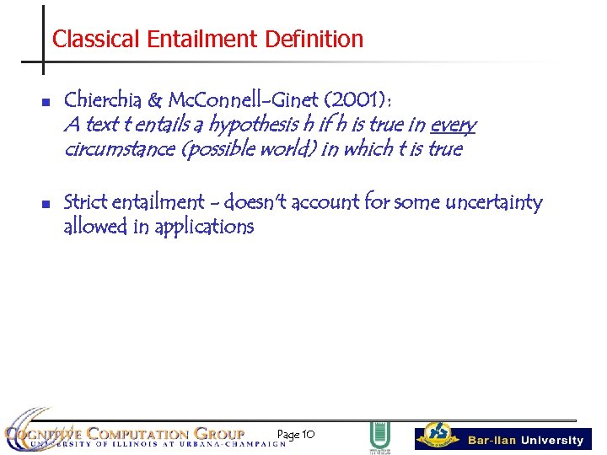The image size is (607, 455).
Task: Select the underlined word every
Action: (x=453, y=126)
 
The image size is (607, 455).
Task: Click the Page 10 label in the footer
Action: (x=296, y=435)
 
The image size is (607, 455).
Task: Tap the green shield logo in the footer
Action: (x=380, y=436)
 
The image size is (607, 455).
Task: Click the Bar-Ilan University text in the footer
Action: (x=525, y=440)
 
